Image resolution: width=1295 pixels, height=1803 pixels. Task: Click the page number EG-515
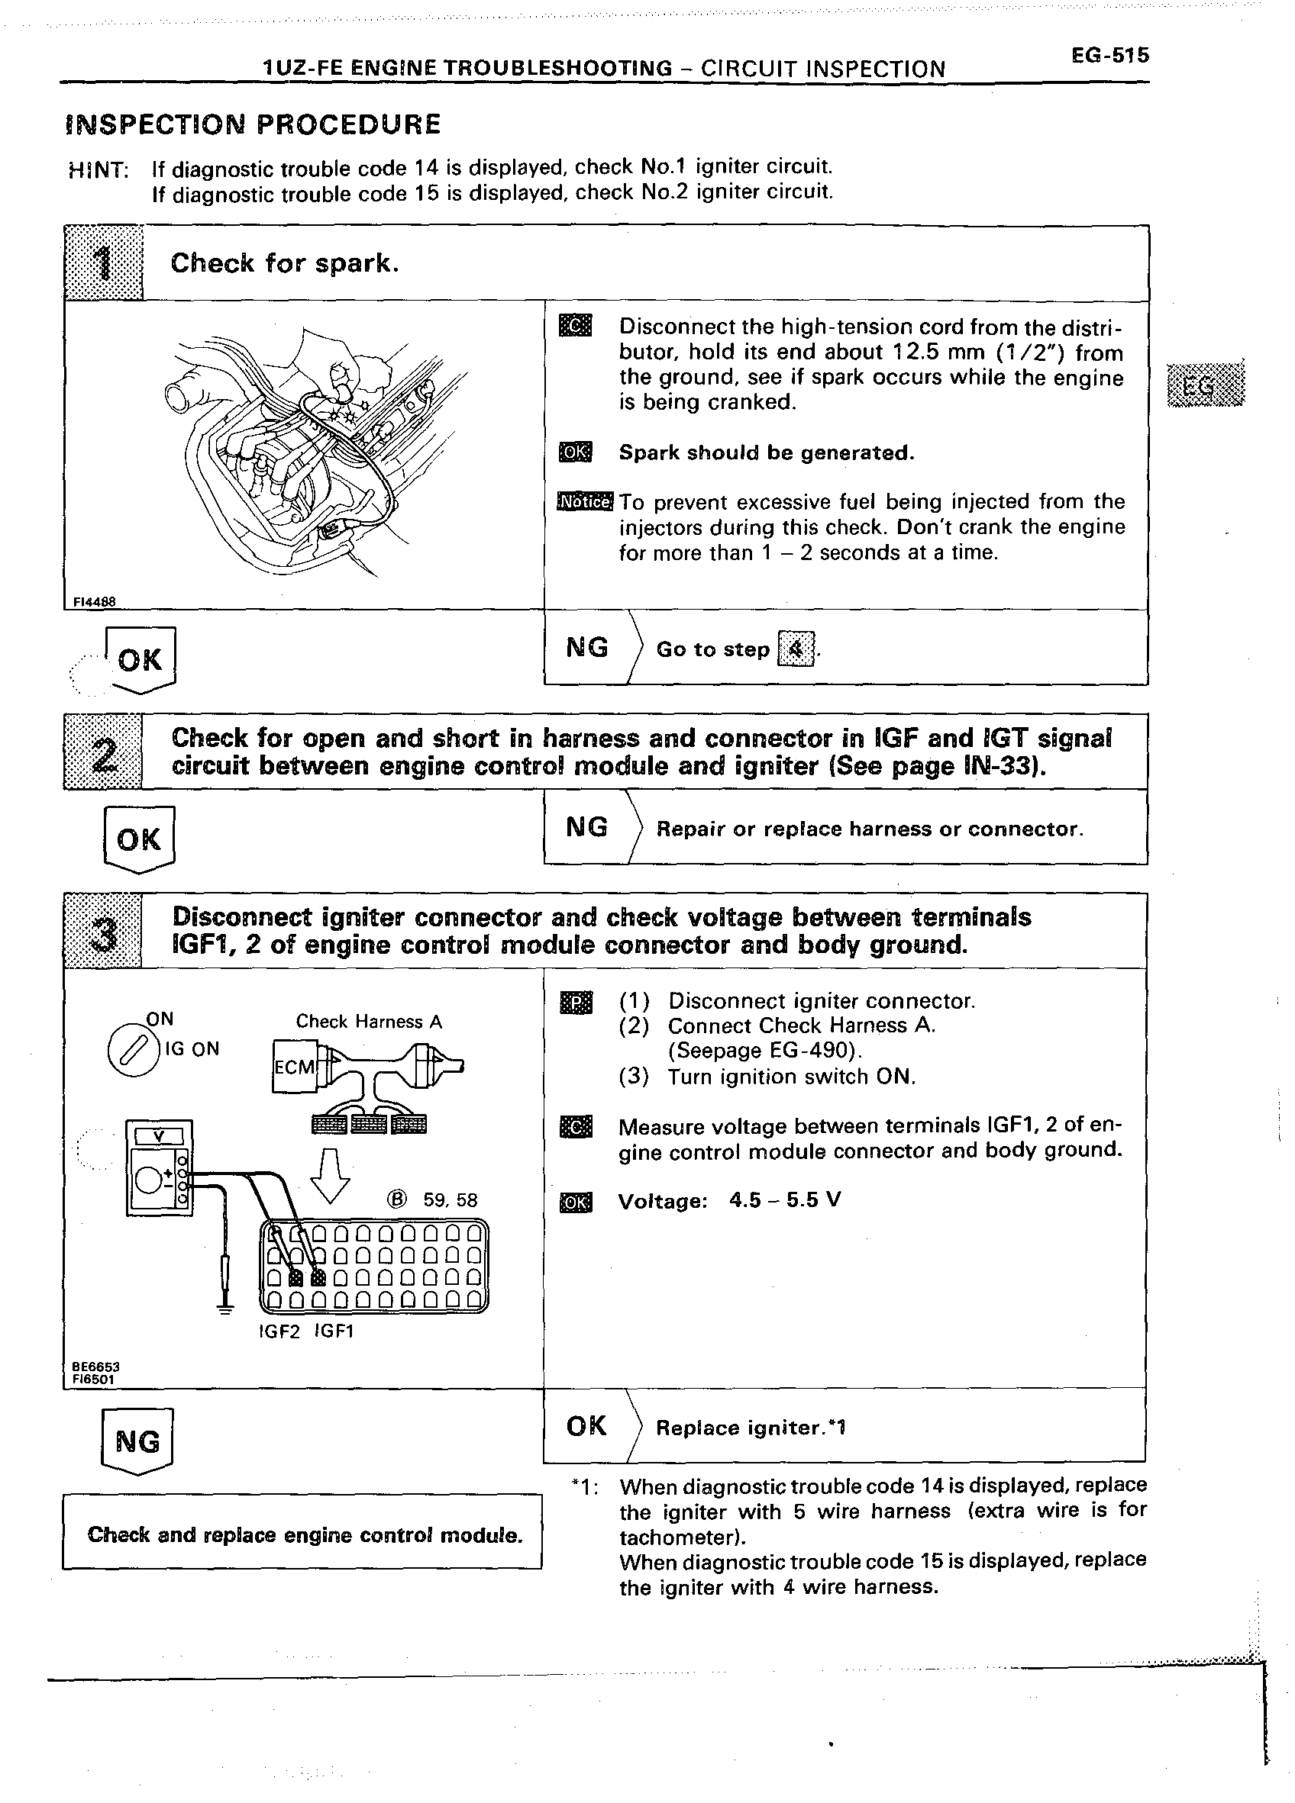pos(1109,56)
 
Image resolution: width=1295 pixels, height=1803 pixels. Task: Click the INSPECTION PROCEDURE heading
pos(253,124)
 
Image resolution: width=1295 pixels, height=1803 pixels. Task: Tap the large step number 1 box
pos(103,262)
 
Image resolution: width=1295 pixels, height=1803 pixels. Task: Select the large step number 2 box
pos(103,752)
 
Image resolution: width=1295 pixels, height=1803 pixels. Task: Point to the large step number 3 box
pos(103,930)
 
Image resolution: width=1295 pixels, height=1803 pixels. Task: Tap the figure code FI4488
pos(94,602)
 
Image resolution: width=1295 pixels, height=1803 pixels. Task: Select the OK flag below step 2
pos(138,839)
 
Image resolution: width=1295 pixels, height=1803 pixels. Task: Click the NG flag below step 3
pos(137,1441)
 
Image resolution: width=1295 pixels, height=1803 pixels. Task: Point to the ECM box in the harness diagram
pos(294,1066)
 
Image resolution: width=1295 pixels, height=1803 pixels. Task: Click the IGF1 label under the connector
pos(334,1331)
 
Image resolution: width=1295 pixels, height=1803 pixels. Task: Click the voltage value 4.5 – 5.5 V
pos(784,1199)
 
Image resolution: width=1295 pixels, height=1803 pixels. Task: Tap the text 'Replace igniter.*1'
pos(750,1428)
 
